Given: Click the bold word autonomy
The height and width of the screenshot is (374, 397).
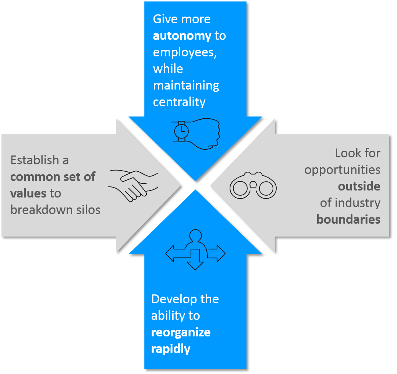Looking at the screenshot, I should tap(182, 36).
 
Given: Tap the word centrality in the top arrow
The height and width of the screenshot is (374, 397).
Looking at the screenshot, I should tap(179, 102).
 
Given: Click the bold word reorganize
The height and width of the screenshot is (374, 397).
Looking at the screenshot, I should tap(181, 332).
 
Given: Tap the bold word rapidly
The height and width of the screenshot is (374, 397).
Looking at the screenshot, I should tap(171, 349).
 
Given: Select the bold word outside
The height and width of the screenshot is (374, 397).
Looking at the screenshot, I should tap(359, 186).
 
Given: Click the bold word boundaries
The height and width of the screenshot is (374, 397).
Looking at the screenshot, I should tap(348, 220).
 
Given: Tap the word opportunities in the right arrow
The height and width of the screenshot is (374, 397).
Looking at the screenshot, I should tap(342, 170).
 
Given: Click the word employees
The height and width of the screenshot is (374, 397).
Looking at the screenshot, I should tap(184, 53).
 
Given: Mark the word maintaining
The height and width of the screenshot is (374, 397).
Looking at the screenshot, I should tap(186, 85).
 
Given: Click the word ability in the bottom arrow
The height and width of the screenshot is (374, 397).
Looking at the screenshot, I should tap(166, 316).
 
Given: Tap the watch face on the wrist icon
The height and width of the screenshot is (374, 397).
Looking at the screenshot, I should tap(181, 131).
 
